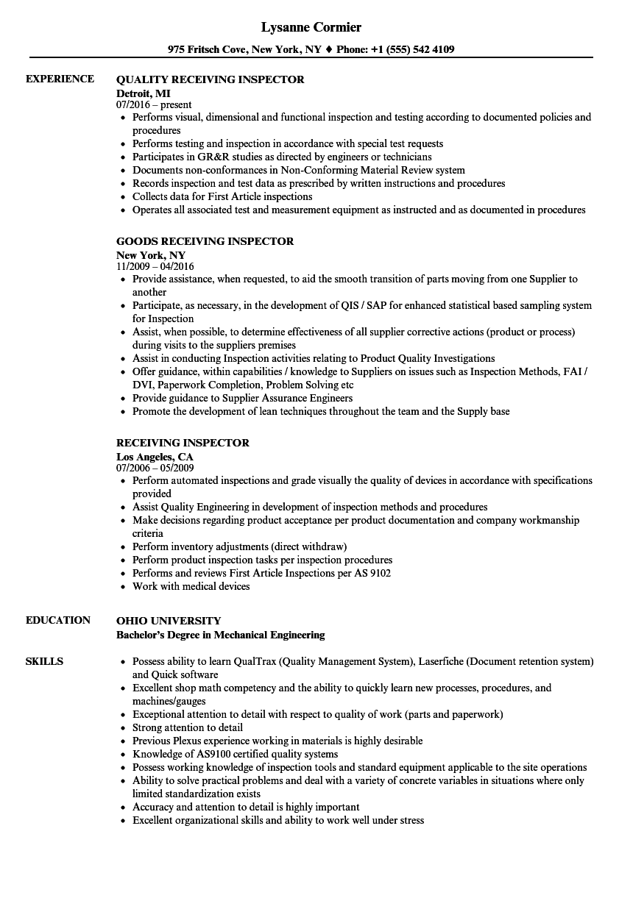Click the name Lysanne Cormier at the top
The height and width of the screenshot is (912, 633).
tap(311, 28)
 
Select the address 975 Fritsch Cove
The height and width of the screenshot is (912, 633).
tap(208, 50)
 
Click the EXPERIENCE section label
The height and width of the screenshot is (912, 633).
tap(60, 79)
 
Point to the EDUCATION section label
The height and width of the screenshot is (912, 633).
tap(58, 620)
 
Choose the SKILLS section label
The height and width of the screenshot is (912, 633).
tap(44, 661)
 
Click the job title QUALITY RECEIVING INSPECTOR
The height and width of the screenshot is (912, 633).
tap(210, 79)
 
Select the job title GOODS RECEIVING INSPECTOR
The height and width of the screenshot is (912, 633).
tap(205, 241)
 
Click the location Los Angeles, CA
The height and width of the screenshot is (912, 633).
tap(155, 456)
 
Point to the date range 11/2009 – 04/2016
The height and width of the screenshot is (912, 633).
tap(155, 266)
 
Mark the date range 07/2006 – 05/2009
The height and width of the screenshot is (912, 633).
tap(155, 468)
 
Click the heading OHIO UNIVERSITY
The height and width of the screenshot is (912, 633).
tap(169, 621)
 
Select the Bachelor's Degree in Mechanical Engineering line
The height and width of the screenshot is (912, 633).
tap(220, 634)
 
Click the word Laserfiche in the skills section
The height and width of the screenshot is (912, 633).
tap(441, 661)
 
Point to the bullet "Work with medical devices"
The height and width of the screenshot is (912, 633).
tap(191, 586)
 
